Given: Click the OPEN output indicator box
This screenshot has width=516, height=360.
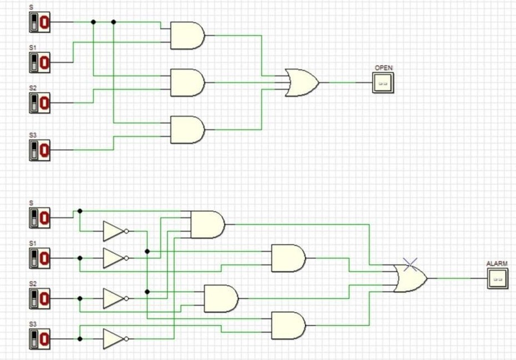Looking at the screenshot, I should click(383, 83).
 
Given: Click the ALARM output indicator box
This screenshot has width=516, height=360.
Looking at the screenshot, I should click(497, 278).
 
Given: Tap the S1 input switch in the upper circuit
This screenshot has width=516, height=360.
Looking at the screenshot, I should click(39, 63).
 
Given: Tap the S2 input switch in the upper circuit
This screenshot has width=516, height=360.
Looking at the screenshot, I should click(39, 103).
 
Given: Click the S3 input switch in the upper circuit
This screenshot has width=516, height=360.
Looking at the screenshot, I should click(39, 150).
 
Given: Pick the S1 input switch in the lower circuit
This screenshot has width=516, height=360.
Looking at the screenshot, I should click(39, 258).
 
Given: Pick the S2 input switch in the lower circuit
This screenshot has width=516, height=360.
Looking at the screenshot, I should click(39, 298).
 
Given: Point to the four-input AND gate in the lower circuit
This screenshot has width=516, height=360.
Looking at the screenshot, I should click(207, 225).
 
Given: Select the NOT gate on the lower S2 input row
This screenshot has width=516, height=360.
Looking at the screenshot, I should click(114, 298).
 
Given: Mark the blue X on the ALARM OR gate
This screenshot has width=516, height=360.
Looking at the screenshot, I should click(410, 265).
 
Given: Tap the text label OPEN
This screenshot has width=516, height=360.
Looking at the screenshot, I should click(384, 68).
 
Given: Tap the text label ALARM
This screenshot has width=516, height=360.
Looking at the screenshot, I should click(497, 263).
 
